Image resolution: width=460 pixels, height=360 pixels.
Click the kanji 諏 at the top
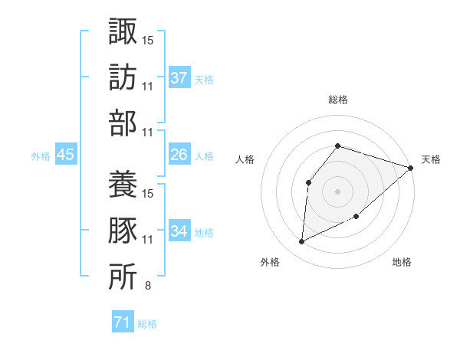123,33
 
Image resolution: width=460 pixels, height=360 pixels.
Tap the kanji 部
123,123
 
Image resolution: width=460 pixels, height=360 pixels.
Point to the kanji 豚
123,231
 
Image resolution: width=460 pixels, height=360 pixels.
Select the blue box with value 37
179,78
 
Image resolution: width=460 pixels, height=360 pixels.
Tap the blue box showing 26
179,155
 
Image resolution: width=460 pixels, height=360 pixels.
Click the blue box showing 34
179,231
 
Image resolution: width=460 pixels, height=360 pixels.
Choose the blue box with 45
66,155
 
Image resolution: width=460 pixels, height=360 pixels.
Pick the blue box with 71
122,322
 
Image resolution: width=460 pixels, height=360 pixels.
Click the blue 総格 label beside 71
147,324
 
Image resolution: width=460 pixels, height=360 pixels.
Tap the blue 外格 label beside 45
41,156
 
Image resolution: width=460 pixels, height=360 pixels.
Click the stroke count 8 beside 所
147,286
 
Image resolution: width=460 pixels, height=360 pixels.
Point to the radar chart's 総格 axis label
337,100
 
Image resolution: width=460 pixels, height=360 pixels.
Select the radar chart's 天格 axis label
431,159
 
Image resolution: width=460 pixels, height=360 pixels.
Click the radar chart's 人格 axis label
245,159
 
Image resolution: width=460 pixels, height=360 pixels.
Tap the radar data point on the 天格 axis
411,168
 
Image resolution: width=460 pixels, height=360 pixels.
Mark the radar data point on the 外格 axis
302,242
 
